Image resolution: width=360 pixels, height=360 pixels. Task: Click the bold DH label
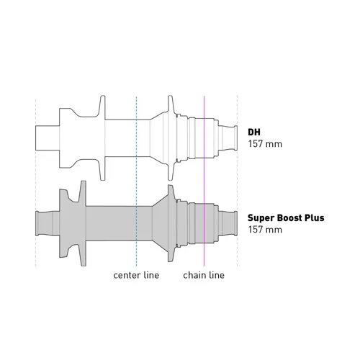click(254, 132)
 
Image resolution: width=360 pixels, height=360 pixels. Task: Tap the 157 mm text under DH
click(265, 144)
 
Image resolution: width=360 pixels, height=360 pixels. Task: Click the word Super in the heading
click(261, 218)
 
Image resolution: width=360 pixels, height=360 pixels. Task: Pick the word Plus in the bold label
click(315, 217)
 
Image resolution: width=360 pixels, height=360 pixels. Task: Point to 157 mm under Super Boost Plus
click(265, 230)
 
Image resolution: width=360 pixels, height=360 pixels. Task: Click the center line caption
click(136, 275)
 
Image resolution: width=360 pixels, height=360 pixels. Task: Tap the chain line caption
click(204, 275)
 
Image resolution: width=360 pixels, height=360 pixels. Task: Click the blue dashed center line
click(136, 181)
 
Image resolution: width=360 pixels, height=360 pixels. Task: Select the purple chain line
click(204, 181)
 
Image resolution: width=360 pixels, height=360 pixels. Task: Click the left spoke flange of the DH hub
click(102, 138)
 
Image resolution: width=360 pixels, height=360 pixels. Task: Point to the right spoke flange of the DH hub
click(170, 138)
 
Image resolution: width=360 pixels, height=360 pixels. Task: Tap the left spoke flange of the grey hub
click(83, 223)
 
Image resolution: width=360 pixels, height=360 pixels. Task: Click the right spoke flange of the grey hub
click(170, 223)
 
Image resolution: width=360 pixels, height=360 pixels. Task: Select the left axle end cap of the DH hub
click(48, 138)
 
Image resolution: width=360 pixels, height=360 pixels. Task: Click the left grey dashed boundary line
click(35, 182)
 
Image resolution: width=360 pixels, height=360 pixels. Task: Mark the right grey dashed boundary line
click(238, 181)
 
